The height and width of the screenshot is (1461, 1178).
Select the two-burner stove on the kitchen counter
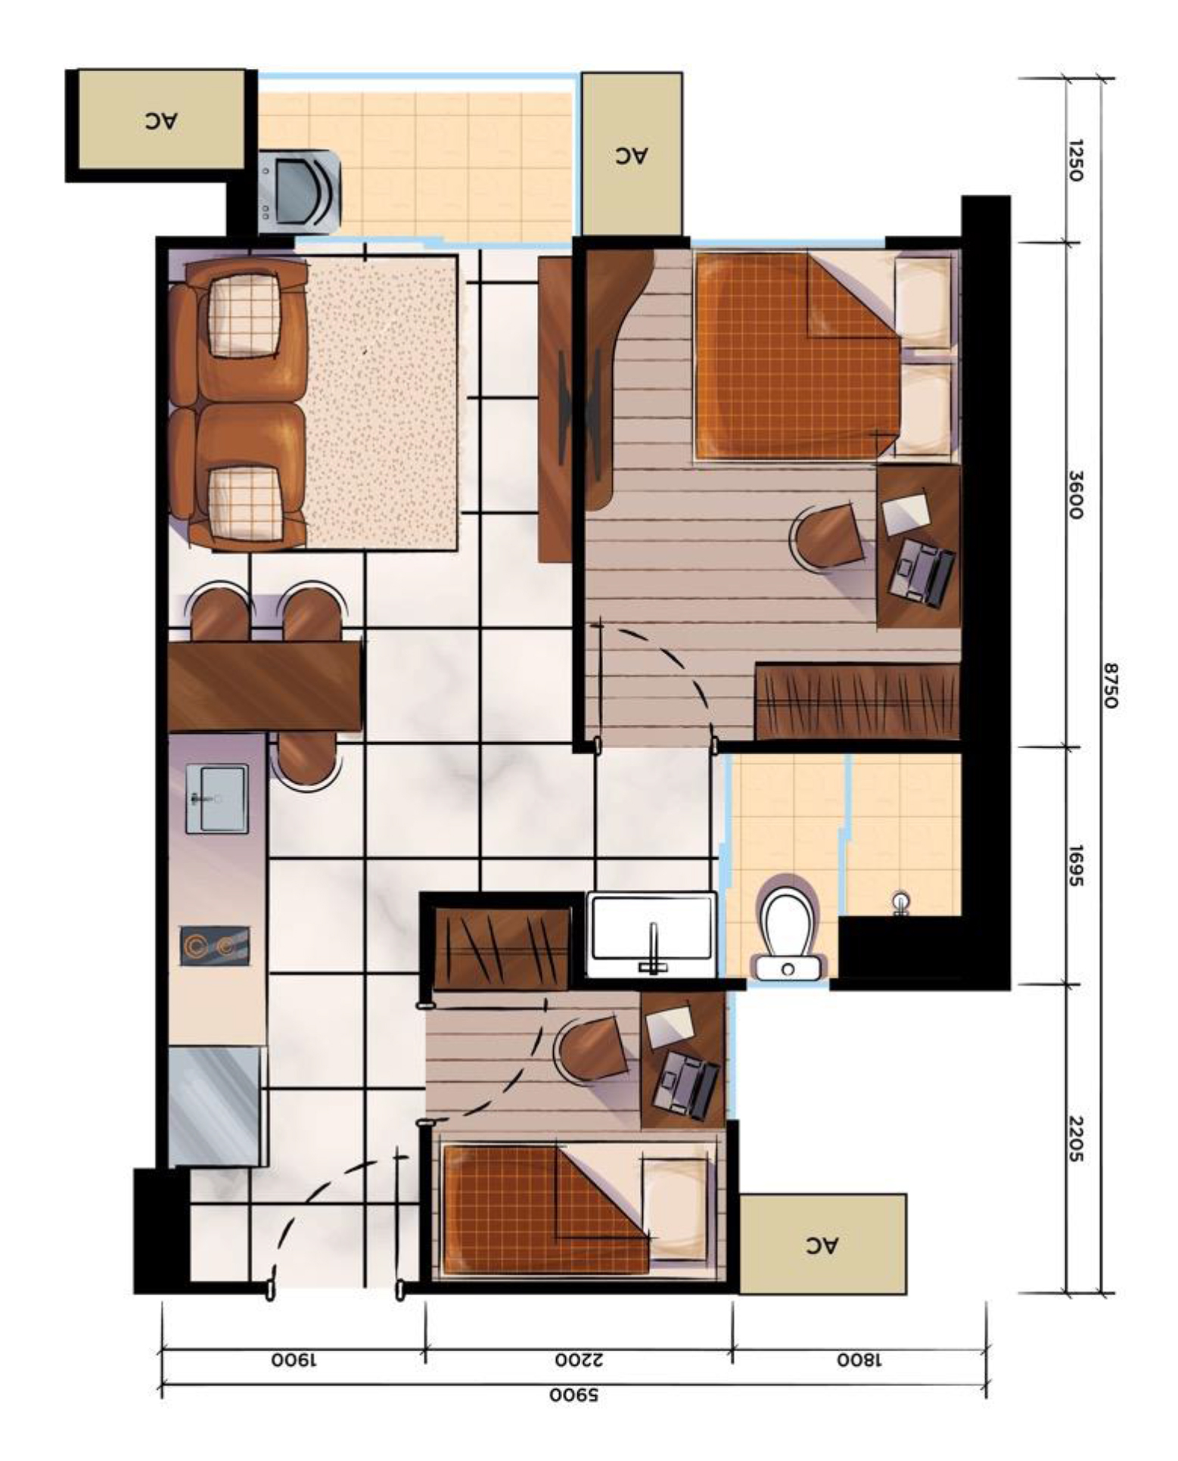pos(215,946)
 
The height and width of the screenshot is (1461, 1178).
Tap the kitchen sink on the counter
pos(216,798)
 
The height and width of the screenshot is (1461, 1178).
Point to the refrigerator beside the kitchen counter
pos(215,1106)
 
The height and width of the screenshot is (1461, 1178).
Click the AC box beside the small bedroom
pos(822,1244)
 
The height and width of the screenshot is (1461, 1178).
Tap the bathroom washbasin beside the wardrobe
pos(651,935)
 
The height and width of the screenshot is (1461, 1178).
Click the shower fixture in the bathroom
pos(900,903)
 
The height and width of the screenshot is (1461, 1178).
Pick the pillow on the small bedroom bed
pos(675,1208)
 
